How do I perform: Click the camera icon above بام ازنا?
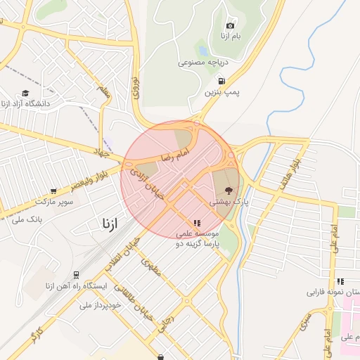tap(230, 25)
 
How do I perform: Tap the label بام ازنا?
tap(229, 35)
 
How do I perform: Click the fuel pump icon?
tap(222, 81)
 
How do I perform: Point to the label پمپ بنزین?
tap(219, 92)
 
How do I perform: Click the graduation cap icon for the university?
tap(26, 93)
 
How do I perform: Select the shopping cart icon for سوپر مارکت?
tap(53, 191)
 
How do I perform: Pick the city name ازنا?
tap(110, 224)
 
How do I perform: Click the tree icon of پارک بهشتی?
tap(228, 190)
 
